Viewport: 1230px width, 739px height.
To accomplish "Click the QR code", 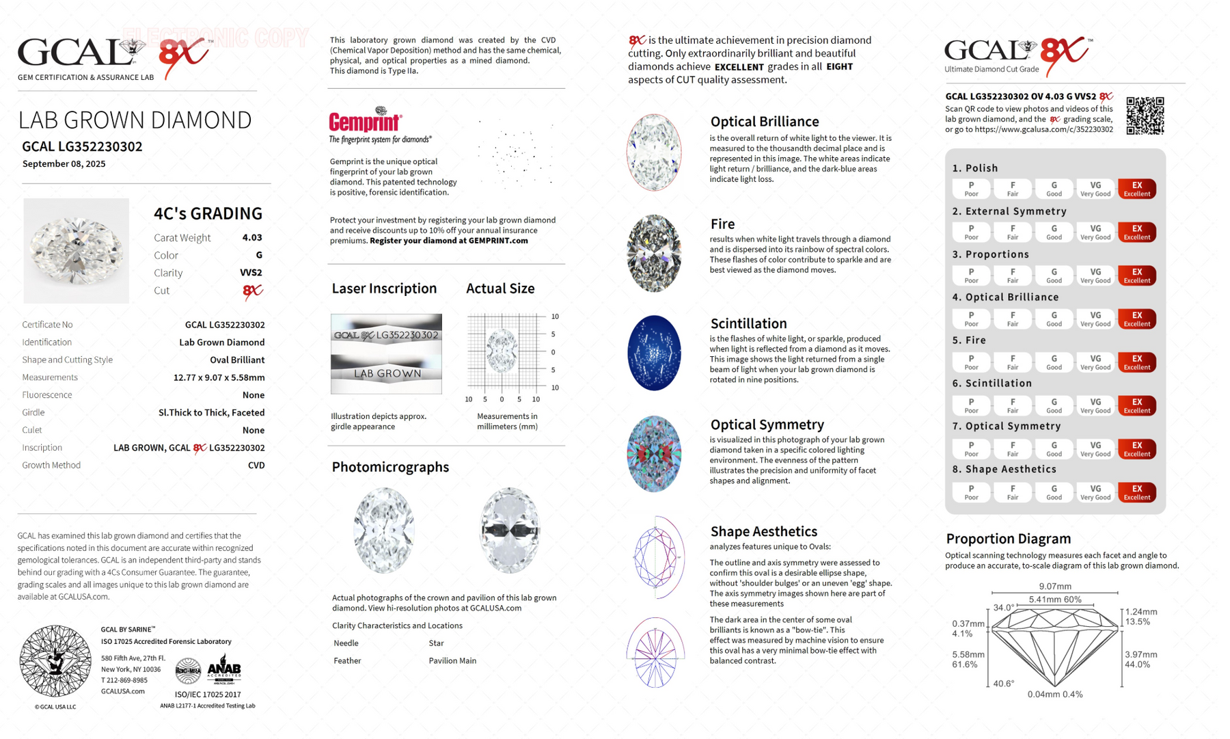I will pyautogui.click(x=1145, y=116).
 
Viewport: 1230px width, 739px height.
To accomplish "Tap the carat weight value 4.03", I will pyautogui.click(x=251, y=238).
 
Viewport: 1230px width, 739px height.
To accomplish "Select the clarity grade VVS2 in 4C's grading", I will pyautogui.click(x=251, y=273).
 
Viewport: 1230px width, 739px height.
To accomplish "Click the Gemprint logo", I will pyautogui.click(x=366, y=121).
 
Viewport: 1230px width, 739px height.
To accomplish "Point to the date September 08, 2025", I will pyautogui.click(x=64, y=164).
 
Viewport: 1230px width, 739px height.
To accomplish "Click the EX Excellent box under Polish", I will pyautogui.click(x=1136, y=189).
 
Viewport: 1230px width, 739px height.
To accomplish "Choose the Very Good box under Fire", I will pyautogui.click(x=1095, y=362).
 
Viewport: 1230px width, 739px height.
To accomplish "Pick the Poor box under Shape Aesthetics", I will pyautogui.click(x=971, y=492).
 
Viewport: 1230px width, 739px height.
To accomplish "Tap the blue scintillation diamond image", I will pyautogui.click(x=654, y=353).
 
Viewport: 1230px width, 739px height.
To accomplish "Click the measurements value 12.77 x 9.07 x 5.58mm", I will pyautogui.click(x=219, y=377).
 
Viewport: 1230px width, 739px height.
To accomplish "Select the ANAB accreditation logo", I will pyautogui.click(x=223, y=669).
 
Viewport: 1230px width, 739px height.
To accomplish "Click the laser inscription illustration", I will pyautogui.click(x=386, y=353).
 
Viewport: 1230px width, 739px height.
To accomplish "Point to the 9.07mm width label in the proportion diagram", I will pyautogui.click(x=1054, y=587).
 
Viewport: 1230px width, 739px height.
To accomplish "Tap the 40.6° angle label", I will pyautogui.click(x=1003, y=684).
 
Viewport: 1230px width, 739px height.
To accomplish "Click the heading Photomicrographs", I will pyautogui.click(x=390, y=467).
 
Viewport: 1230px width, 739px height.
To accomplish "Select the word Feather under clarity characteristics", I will pyautogui.click(x=346, y=661).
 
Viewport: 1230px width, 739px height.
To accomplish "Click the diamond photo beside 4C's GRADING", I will pyautogui.click(x=76, y=251).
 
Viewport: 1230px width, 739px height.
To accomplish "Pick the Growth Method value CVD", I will pyautogui.click(x=256, y=466).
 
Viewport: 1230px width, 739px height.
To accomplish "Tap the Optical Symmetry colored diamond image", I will pyautogui.click(x=654, y=454).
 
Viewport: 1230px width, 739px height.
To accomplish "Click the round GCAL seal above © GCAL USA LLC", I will pyautogui.click(x=55, y=661).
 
